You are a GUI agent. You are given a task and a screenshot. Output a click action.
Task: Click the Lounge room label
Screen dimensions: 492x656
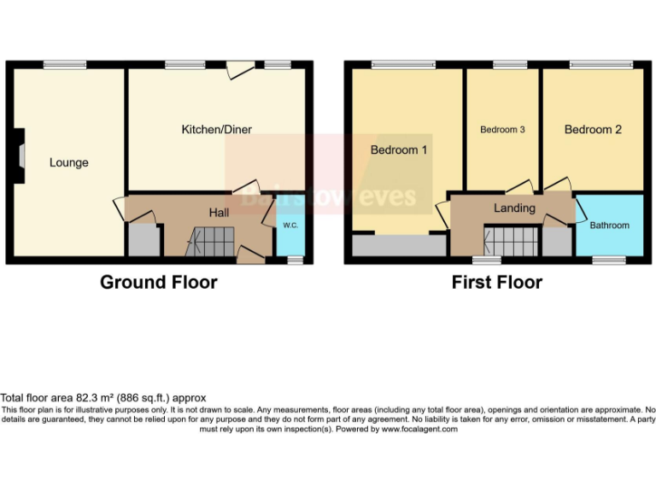click(x=68, y=162)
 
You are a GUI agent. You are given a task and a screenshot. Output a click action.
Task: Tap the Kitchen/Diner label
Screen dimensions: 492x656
click(x=216, y=129)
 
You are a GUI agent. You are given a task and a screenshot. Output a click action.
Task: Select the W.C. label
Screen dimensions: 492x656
click(x=289, y=225)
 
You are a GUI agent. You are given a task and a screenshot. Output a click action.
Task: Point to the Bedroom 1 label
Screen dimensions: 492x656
click(x=399, y=149)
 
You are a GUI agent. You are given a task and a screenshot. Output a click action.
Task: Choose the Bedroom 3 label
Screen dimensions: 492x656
click(x=502, y=130)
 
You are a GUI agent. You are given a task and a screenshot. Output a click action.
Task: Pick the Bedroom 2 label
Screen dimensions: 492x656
click(x=593, y=129)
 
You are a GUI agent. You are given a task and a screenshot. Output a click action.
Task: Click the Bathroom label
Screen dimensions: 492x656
click(x=610, y=225)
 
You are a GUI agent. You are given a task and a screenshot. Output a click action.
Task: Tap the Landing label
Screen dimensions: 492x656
click(x=514, y=208)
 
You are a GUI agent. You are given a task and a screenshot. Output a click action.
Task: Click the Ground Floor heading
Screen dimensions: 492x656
click(x=159, y=282)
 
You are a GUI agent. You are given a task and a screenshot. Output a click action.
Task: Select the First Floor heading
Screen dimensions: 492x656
click(x=497, y=282)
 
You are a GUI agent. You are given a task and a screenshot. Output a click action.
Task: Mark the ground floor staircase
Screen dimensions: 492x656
click(x=210, y=241)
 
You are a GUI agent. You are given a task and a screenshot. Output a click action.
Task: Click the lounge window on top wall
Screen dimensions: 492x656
click(x=65, y=64)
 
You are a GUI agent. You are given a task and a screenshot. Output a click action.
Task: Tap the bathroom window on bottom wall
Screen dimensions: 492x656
click(x=610, y=258)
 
